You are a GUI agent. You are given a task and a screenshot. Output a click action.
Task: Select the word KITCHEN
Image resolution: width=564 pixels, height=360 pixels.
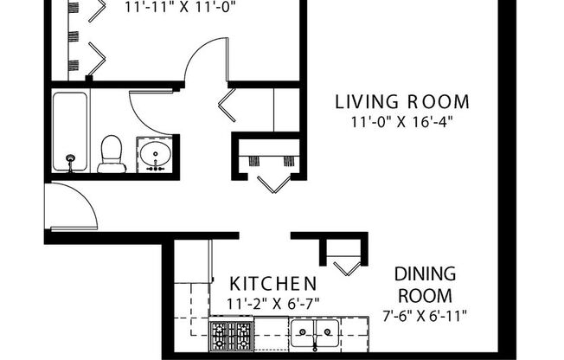click(272, 284)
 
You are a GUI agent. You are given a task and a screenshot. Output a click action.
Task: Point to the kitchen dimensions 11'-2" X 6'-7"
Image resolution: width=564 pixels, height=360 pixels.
click(272, 302)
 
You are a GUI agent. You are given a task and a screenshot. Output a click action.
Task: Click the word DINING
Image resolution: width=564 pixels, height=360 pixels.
click(425, 274)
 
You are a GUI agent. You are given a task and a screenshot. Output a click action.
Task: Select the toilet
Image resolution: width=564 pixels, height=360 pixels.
click(112, 154)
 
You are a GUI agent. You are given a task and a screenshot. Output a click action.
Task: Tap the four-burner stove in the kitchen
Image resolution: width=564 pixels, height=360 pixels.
click(231, 333)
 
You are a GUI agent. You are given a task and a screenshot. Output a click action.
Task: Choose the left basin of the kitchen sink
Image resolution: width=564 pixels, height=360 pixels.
click(303, 332)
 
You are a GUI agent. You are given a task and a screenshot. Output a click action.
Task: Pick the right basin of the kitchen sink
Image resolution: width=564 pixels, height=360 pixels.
click(326, 332)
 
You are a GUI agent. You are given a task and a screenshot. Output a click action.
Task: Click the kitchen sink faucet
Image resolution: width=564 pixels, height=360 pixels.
click(315, 345)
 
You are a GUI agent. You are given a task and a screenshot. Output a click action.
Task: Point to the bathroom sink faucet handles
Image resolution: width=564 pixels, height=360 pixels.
click(156, 169)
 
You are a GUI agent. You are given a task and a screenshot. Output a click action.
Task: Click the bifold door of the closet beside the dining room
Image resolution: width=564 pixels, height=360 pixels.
click(348, 267)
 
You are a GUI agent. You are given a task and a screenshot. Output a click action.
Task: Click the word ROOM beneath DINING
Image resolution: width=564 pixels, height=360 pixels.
click(425, 294)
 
